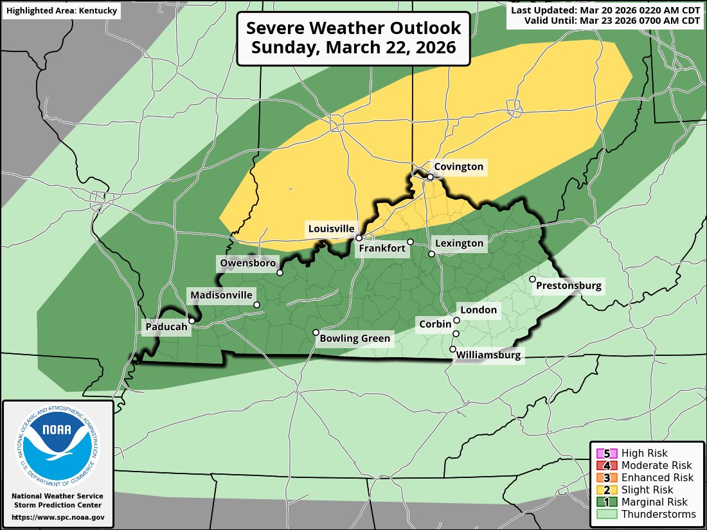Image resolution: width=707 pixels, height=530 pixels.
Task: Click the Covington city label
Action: (458, 167)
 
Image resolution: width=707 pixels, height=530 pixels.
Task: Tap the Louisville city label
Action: (331, 229)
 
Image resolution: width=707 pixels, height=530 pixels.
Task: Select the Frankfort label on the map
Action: (382, 248)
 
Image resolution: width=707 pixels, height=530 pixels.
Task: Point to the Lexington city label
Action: (459, 243)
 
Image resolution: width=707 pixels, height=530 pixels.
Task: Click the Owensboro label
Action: (247, 263)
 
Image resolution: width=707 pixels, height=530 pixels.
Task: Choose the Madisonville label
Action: (220, 296)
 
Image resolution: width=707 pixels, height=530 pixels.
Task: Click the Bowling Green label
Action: (355, 338)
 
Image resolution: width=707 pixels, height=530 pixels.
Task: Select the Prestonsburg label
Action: (569, 286)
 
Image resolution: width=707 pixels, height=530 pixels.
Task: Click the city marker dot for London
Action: (457, 320)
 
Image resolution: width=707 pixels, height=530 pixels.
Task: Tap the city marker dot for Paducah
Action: (192, 321)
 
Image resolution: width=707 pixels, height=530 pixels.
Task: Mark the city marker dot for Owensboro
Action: (280, 272)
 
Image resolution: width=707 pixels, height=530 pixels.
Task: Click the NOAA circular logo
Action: (58, 443)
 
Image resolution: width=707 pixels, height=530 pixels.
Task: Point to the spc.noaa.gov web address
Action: (58, 517)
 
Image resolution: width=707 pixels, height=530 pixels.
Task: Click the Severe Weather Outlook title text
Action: (353, 38)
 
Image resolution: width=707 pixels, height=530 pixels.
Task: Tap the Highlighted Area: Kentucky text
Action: (62, 12)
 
